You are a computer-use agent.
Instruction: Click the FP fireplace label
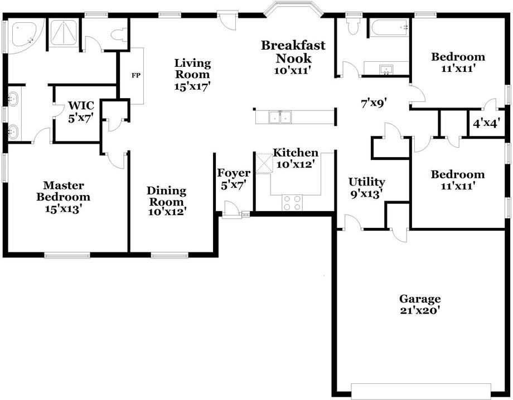pyautogui.click(x=135, y=75)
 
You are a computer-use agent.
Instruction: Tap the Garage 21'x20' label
pyautogui.click(x=420, y=305)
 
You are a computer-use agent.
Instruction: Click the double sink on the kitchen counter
pyautogui.click(x=280, y=117)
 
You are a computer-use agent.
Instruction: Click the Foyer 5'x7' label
pyautogui.click(x=233, y=179)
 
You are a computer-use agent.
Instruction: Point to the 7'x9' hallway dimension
pyautogui.click(x=374, y=103)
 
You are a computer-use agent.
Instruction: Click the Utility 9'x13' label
pyautogui.click(x=366, y=188)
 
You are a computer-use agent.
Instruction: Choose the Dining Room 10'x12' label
pyautogui.click(x=167, y=201)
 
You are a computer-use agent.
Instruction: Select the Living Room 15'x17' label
pyautogui.click(x=192, y=75)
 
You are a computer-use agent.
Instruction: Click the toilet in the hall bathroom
pyautogui.click(x=353, y=25)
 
